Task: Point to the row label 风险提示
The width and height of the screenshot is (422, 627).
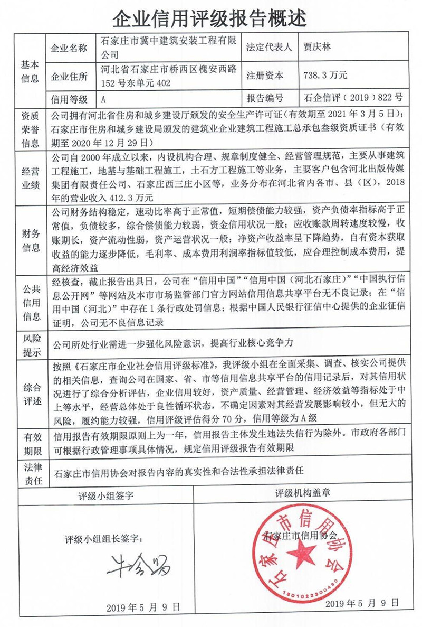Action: [30, 343]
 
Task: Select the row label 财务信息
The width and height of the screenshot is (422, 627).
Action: [30, 240]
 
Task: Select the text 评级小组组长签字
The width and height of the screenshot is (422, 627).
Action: [103, 540]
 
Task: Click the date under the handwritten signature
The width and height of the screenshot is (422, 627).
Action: [143, 606]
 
